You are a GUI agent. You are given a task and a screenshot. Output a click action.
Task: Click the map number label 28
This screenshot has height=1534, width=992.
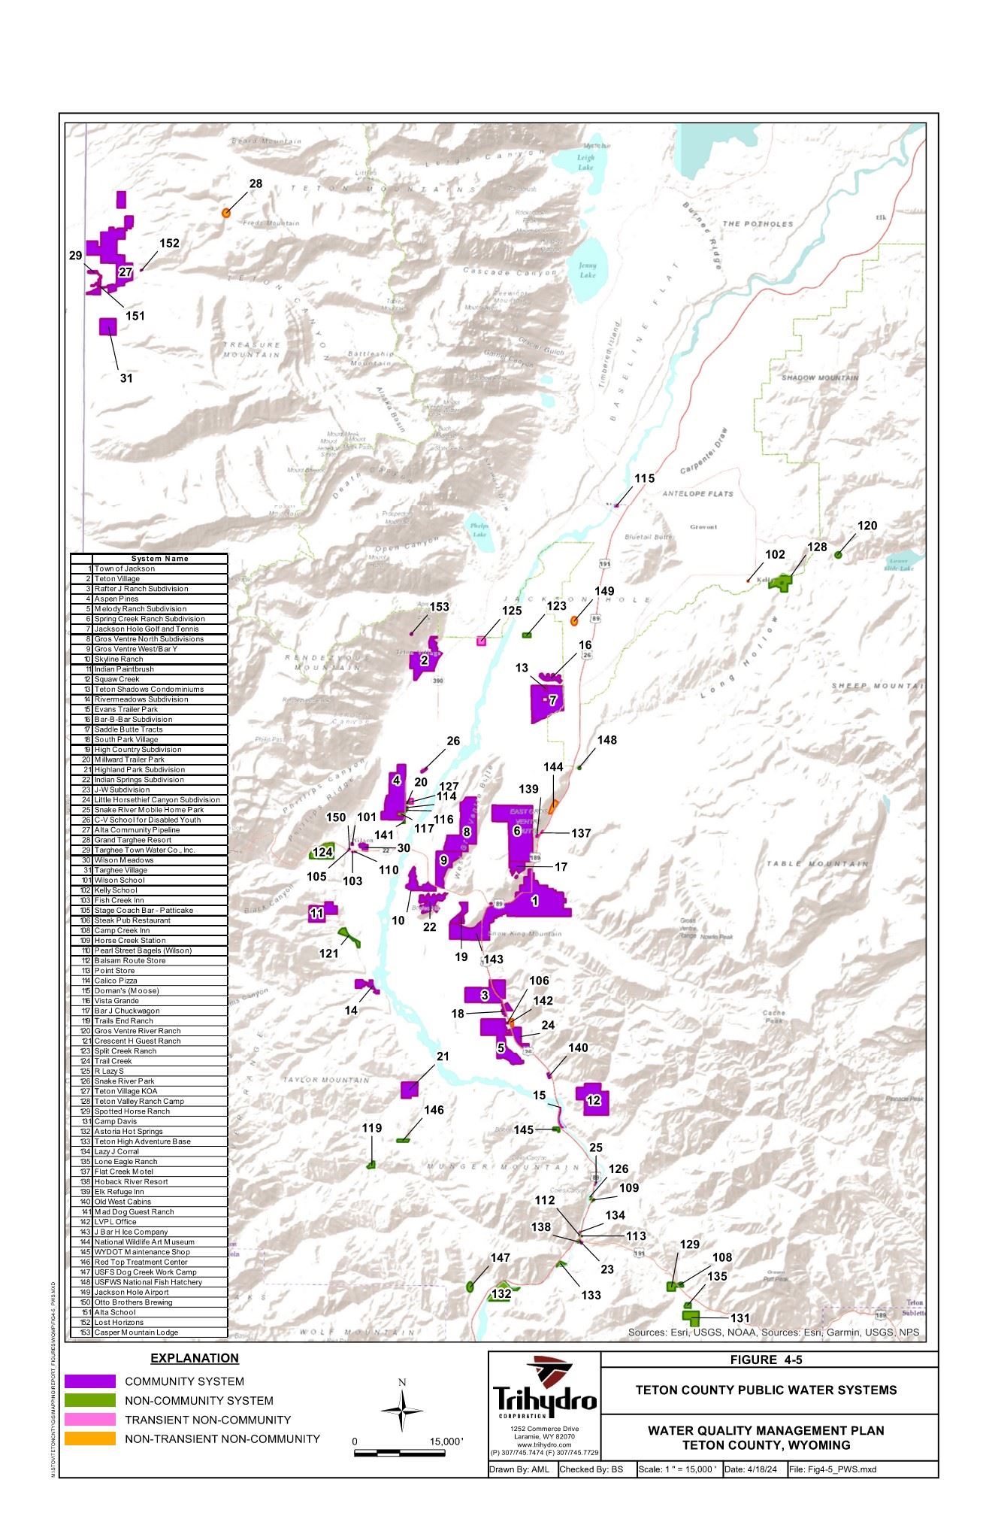coord(256,183)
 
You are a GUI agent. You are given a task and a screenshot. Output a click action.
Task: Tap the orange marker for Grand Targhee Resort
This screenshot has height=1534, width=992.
coord(225,213)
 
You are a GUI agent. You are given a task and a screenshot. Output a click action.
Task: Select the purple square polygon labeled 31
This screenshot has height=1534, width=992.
coord(108,326)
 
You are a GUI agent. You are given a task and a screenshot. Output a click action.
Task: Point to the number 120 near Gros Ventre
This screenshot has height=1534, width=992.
coord(866,526)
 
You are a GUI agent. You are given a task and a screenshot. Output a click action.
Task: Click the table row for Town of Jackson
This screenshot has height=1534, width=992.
coord(149,568)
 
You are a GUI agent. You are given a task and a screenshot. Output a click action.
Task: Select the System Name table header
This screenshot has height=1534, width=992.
coord(159,559)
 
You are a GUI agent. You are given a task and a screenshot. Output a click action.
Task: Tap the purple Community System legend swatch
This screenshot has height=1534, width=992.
coord(89,1381)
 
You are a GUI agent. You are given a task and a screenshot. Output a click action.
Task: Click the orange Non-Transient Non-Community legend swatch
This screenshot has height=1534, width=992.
coord(89,1439)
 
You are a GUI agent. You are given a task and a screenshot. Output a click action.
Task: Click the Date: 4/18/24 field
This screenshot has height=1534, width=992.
coord(753,1469)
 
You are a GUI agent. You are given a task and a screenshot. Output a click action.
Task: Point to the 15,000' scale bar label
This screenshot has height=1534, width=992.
coord(446,1442)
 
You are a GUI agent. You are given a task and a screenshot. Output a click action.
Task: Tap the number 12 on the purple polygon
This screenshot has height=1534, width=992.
coord(593,1100)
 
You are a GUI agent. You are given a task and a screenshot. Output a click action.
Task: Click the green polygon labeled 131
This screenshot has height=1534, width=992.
coord(691,1317)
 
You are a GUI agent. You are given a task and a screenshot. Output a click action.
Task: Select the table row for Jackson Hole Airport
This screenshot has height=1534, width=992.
coord(149,1292)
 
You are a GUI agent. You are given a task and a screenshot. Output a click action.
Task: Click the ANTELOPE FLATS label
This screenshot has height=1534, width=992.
coord(697,493)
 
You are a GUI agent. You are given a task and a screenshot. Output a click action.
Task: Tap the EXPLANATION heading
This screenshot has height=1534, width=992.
coord(195,1358)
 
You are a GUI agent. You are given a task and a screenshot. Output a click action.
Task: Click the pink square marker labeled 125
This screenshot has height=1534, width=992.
coord(481,641)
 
